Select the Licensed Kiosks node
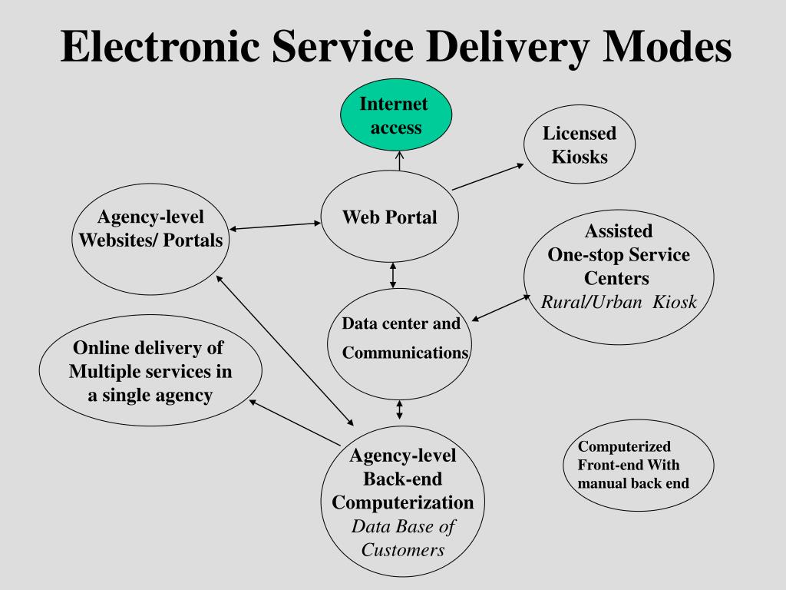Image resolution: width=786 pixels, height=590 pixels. [x=580, y=144]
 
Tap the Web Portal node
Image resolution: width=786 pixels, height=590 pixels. [x=389, y=217]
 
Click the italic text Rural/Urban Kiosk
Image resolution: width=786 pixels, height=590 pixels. [x=619, y=302]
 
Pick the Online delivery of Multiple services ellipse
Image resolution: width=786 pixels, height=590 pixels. [x=150, y=372]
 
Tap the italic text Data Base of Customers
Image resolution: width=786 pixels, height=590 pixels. [x=403, y=539]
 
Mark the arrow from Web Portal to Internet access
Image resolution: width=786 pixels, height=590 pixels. [x=399, y=161]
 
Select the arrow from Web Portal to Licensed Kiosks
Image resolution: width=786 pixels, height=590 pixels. [x=488, y=177]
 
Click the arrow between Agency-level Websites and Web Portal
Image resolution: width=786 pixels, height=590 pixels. [x=276, y=227]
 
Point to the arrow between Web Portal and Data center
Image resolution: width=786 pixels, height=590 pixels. [x=393, y=275]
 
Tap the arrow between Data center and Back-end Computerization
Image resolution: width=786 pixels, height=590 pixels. [x=399, y=409]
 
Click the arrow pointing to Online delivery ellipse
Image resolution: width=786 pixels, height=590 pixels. [x=295, y=422]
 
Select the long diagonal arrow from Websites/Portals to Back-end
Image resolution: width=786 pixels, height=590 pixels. [x=286, y=350]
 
